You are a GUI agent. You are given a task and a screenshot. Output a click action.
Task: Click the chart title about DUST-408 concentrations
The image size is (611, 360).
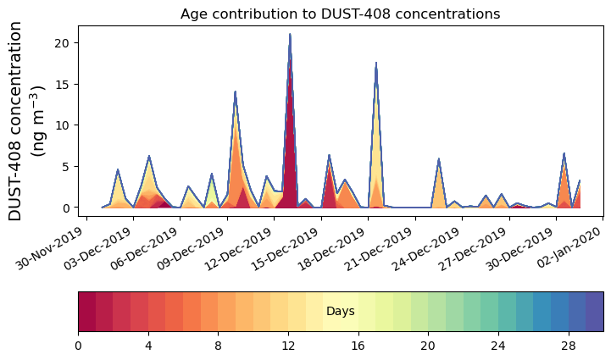(x=340, y=14)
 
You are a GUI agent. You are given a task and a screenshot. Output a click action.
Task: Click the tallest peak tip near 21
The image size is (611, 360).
(x=290, y=35)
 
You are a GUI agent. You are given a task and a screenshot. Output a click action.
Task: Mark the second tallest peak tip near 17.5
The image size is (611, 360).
(x=375, y=63)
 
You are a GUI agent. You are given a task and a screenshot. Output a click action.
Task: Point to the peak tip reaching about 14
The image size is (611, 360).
(x=235, y=91)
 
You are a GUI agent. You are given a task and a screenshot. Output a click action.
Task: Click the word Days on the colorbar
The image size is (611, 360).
(x=340, y=312)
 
